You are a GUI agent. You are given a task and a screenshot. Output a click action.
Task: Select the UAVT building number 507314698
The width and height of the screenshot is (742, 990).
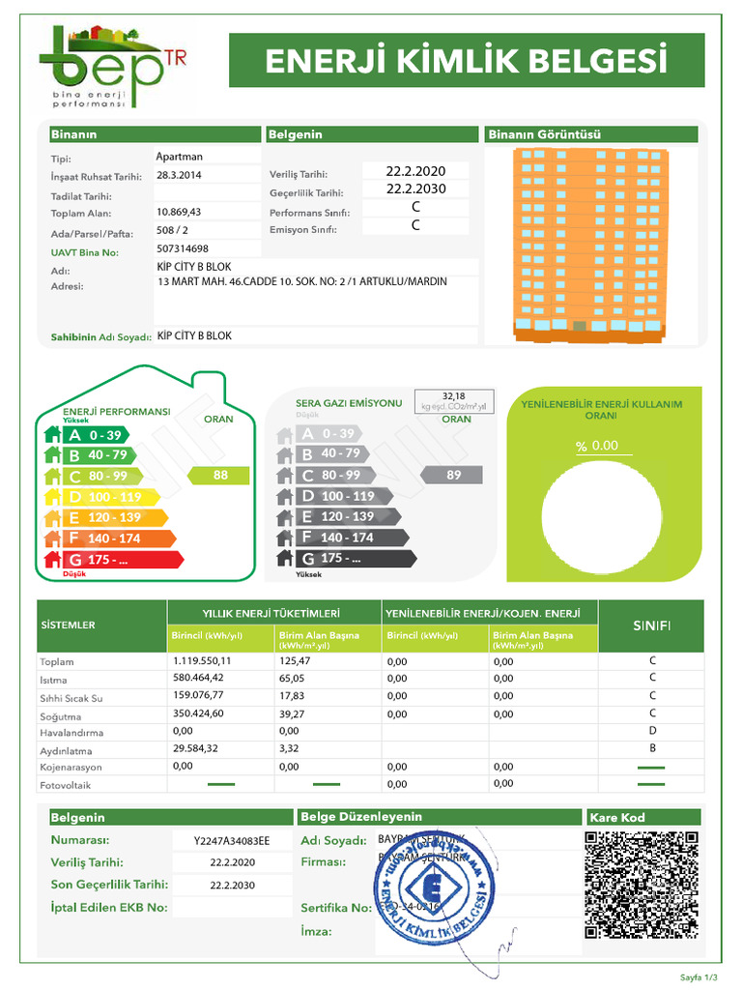tap(182, 249)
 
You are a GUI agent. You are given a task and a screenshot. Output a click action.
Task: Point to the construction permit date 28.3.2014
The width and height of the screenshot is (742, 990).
tap(179, 175)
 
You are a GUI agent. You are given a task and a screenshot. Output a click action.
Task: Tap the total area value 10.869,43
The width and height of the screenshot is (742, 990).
tap(179, 212)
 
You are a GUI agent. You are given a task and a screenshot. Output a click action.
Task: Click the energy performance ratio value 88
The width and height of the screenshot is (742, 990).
tap(221, 475)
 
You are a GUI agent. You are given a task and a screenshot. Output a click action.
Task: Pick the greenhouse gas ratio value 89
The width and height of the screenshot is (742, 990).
tap(454, 475)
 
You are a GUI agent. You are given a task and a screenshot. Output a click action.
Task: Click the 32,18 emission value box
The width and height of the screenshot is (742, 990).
tap(453, 401)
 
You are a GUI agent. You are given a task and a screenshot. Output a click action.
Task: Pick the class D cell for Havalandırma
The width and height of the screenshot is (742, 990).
tap(652, 731)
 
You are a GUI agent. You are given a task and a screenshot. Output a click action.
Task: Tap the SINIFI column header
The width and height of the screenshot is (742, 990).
tap(652, 626)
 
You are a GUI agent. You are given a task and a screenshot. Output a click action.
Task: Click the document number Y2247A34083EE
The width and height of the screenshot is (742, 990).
tap(232, 840)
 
